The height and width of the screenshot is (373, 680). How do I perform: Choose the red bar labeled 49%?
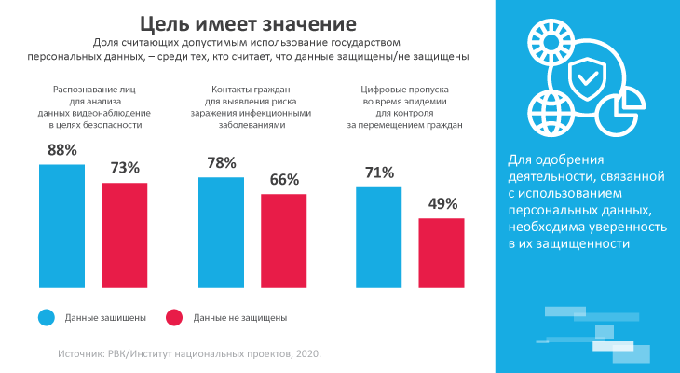(442, 249)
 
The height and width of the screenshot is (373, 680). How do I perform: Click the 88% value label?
(61, 149)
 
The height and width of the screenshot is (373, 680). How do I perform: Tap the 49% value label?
(442, 203)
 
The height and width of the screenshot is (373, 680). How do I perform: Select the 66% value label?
(284, 179)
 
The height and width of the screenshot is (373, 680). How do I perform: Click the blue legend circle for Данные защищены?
(46, 317)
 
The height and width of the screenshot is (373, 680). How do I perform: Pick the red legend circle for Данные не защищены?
(173, 317)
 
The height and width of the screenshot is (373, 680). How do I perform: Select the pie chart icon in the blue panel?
(615, 114)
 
